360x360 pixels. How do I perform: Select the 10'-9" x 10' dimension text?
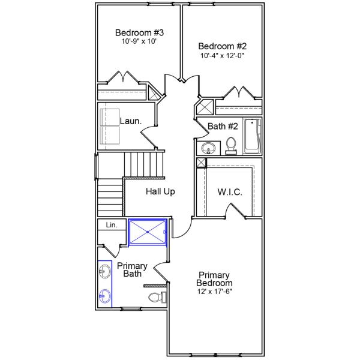coord(139,42)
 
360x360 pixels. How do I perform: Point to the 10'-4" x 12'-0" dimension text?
coord(223,55)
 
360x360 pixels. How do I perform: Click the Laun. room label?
coord(130,121)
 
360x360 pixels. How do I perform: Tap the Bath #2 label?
coord(223,126)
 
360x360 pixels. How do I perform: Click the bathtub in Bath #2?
coord(253,136)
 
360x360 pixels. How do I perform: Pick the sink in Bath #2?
coord(209,147)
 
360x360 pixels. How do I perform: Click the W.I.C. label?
coord(229,192)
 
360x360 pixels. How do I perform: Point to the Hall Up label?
coord(160,192)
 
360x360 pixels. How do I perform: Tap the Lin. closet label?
coord(112,225)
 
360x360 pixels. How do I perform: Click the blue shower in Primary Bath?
coord(148,232)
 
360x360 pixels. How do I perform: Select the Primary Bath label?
coord(132,269)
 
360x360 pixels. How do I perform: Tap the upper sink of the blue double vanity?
coord(105,273)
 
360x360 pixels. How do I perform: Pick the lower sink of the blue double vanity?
coord(105,295)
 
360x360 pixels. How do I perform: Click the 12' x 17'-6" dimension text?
coord(215,292)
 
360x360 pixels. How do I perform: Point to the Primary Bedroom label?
coord(215,279)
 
